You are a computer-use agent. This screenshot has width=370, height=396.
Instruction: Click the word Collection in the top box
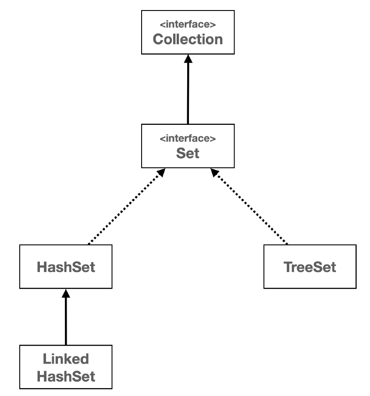[x=188, y=39]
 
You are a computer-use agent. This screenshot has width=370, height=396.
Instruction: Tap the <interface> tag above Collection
[x=188, y=25]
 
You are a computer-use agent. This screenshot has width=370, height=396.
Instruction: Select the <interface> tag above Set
[x=188, y=139]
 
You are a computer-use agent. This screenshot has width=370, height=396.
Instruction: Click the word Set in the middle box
[x=188, y=153]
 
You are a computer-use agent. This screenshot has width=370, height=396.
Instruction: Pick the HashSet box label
[x=66, y=267]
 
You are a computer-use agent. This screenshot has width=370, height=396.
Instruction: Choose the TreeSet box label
[x=310, y=267]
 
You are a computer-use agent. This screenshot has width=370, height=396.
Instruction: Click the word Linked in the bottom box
[x=66, y=360]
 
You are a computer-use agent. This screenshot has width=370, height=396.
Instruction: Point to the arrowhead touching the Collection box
[x=188, y=58]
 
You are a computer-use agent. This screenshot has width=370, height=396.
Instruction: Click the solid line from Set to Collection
[x=188, y=94]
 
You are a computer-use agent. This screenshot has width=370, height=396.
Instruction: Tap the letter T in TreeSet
[x=288, y=267]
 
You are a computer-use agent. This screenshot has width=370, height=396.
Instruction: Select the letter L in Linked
[x=46, y=360]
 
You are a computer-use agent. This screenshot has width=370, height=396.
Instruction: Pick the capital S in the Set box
[x=180, y=153]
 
